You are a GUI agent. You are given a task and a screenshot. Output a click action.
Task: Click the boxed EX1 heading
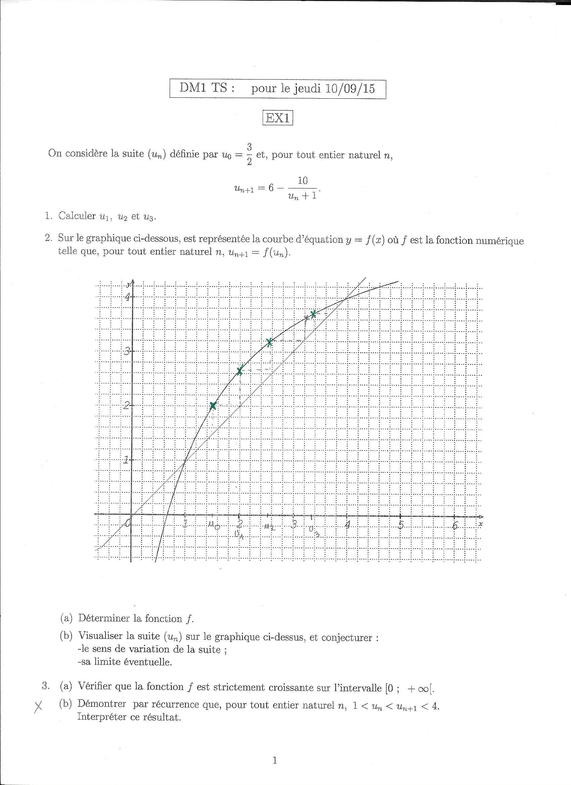(x=278, y=119)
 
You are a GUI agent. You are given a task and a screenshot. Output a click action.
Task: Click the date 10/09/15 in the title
(x=350, y=89)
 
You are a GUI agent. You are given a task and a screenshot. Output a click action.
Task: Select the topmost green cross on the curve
(x=313, y=314)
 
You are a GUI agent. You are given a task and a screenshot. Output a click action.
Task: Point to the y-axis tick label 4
(x=128, y=296)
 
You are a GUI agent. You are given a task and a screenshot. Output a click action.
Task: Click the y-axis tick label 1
(x=126, y=460)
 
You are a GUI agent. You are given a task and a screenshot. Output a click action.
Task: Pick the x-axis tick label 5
(x=401, y=525)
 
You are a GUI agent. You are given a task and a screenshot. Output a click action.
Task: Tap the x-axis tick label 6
(x=455, y=525)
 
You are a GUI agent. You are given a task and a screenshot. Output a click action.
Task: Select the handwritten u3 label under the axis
(x=313, y=531)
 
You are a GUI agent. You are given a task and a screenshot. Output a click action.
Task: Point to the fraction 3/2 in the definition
(x=249, y=154)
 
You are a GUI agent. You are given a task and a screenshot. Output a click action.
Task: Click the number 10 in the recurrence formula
(x=302, y=181)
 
